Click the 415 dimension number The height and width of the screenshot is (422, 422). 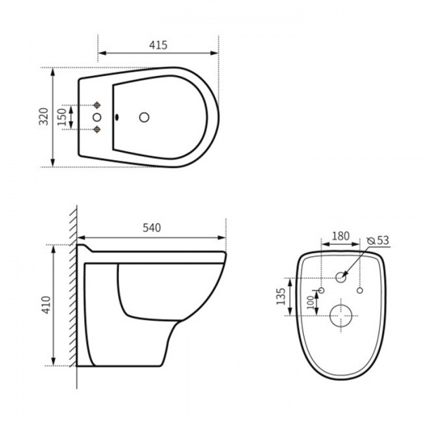pyautogui.click(x=158, y=45)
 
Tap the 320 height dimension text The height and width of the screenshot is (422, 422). pyautogui.click(x=44, y=117)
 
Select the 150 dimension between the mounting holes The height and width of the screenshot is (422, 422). pyautogui.click(x=62, y=117)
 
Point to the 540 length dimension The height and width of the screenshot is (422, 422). pyautogui.click(x=153, y=227)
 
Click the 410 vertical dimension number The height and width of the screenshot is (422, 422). pyautogui.click(x=44, y=305)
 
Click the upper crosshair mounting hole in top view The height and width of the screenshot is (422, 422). pyautogui.click(x=98, y=105)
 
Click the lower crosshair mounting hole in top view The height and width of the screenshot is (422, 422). pyautogui.click(x=98, y=129)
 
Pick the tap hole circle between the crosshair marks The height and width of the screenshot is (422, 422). pyautogui.click(x=98, y=117)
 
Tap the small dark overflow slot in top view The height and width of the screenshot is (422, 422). pyautogui.click(x=117, y=117)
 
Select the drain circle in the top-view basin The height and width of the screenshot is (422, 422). pyautogui.click(x=146, y=117)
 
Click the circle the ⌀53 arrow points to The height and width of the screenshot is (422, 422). pyautogui.click(x=341, y=277)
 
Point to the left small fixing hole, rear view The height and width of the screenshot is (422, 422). pyautogui.click(x=321, y=290)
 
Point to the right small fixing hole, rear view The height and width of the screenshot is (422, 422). pyautogui.click(x=360, y=290)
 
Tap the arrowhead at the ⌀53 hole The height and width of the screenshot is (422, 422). pyautogui.click(x=347, y=270)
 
